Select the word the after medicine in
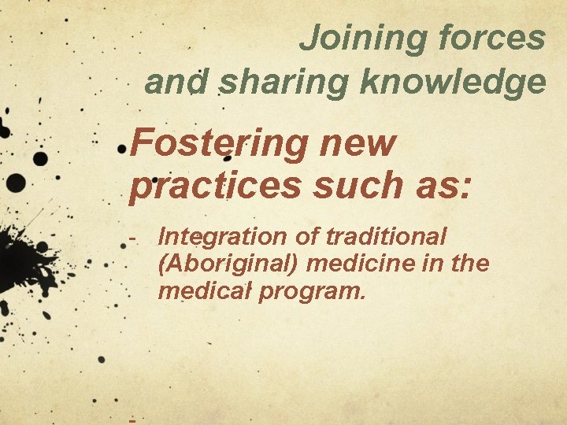click(471, 264)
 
